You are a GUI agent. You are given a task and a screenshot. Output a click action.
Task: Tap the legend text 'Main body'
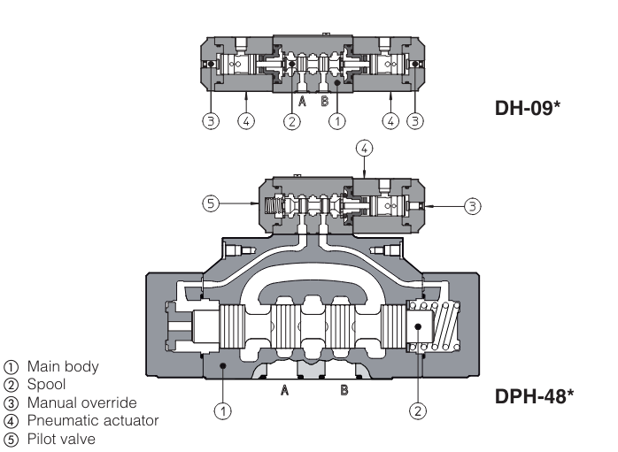point(63,366)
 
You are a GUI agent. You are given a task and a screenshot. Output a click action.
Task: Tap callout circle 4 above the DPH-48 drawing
point(364,148)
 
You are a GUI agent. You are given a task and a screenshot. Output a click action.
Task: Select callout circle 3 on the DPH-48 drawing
point(473,205)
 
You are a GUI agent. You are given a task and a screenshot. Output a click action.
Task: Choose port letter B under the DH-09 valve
point(324,102)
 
